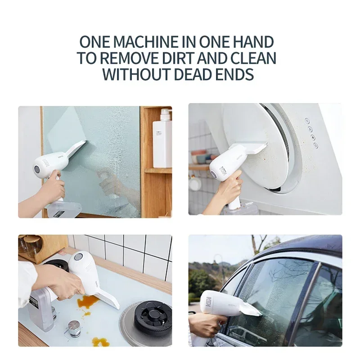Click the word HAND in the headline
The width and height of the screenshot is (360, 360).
[252, 42]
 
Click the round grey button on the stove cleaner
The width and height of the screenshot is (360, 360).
[78, 257]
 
